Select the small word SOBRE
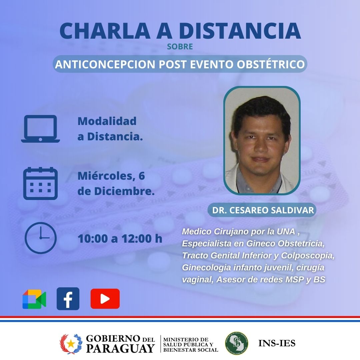(180, 47)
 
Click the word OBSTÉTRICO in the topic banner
(271, 64)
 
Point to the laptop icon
(40, 129)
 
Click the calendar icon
(40, 183)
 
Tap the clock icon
(40, 238)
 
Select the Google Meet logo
(34, 299)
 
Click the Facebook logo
(68, 299)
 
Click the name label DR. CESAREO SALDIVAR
(263, 210)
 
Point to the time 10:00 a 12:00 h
(120, 239)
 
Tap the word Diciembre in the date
(124, 191)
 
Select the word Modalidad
(107, 121)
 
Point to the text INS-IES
(277, 343)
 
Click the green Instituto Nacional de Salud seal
(236, 343)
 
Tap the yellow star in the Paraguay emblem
(71, 344)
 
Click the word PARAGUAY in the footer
(120, 348)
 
